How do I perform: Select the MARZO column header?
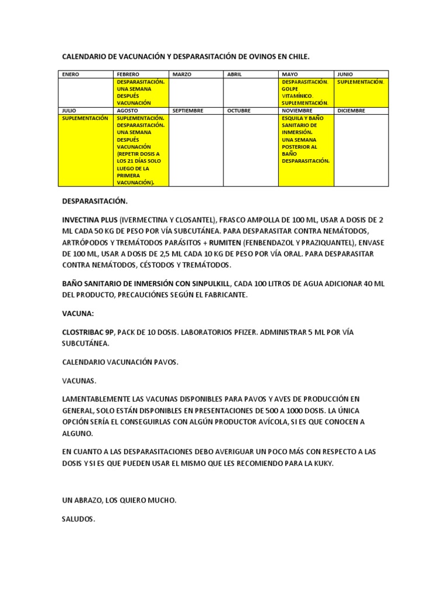[x=181, y=75]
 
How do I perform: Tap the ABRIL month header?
[x=235, y=75]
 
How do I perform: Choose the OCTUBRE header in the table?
[x=239, y=110]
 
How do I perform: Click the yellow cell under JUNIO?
[x=360, y=93]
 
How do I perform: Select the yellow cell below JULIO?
[x=86, y=150]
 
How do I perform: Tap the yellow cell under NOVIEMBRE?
[x=306, y=150]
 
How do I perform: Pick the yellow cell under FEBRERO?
[x=141, y=93]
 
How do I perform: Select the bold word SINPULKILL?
[x=206, y=283]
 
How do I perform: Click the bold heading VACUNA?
[x=78, y=313]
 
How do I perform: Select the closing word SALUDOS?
[x=79, y=518]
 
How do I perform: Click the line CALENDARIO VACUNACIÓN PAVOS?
[x=120, y=362]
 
